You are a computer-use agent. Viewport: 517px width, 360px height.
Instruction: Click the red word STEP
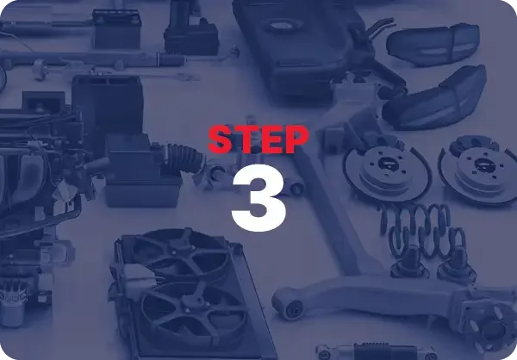(258, 140)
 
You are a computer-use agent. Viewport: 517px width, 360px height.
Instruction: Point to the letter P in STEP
(294, 140)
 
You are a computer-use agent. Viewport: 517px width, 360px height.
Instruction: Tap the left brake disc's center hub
(380, 163)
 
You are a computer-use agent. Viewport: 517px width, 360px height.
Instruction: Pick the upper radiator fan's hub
(184, 256)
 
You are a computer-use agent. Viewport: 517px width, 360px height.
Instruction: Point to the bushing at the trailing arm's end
(287, 301)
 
